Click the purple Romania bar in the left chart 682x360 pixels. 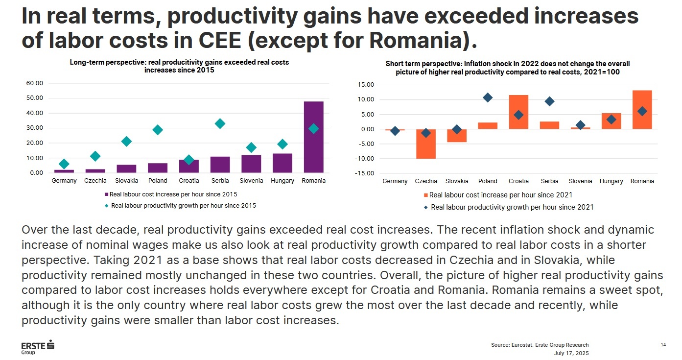point(313,137)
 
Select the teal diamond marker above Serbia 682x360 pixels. point(220,123)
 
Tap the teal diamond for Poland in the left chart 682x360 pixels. point(157,130)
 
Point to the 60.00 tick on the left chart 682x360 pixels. point(34,83)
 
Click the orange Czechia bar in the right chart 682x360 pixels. point(426,144)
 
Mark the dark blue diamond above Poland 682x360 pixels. point(487,97)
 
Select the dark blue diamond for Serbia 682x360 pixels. point(549,101)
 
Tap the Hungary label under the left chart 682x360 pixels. point(282,181)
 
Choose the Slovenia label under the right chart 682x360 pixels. point(580,181)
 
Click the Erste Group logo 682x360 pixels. point(37,347)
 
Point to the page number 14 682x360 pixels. point(663,345)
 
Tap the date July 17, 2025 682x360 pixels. point(571,353)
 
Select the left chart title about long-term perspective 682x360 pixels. point(179,66)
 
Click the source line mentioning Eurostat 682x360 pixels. point(540,345)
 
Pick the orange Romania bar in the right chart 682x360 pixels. point(642,110)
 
